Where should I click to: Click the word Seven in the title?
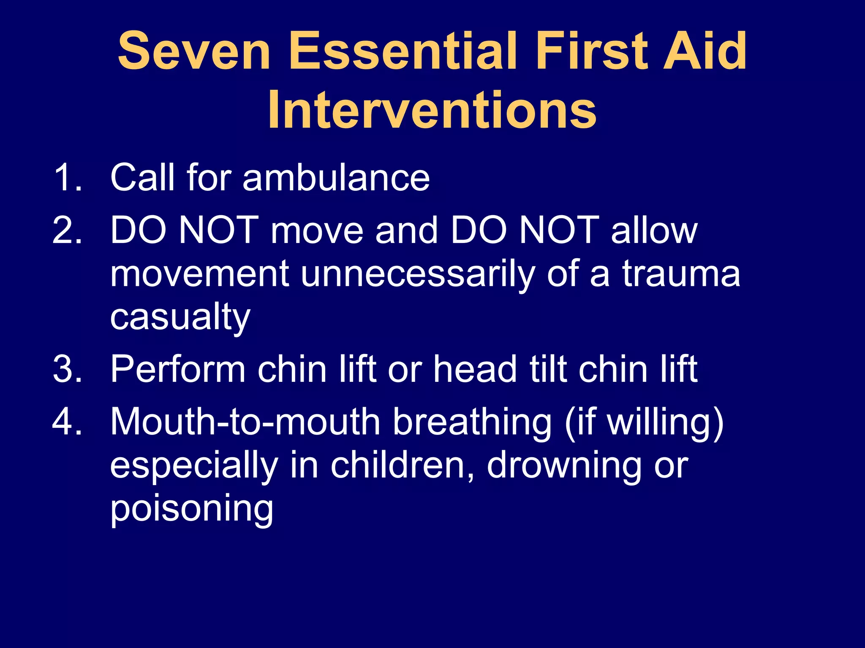194,51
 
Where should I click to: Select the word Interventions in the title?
432,111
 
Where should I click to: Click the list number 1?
68,178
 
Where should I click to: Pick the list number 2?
68,230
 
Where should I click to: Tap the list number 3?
68,369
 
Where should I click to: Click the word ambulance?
336,178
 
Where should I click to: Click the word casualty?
180,318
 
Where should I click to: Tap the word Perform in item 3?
178,369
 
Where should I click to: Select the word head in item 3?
476,369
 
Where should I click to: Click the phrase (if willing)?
644,423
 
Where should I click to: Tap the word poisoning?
192,509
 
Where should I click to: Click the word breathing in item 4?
472,423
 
